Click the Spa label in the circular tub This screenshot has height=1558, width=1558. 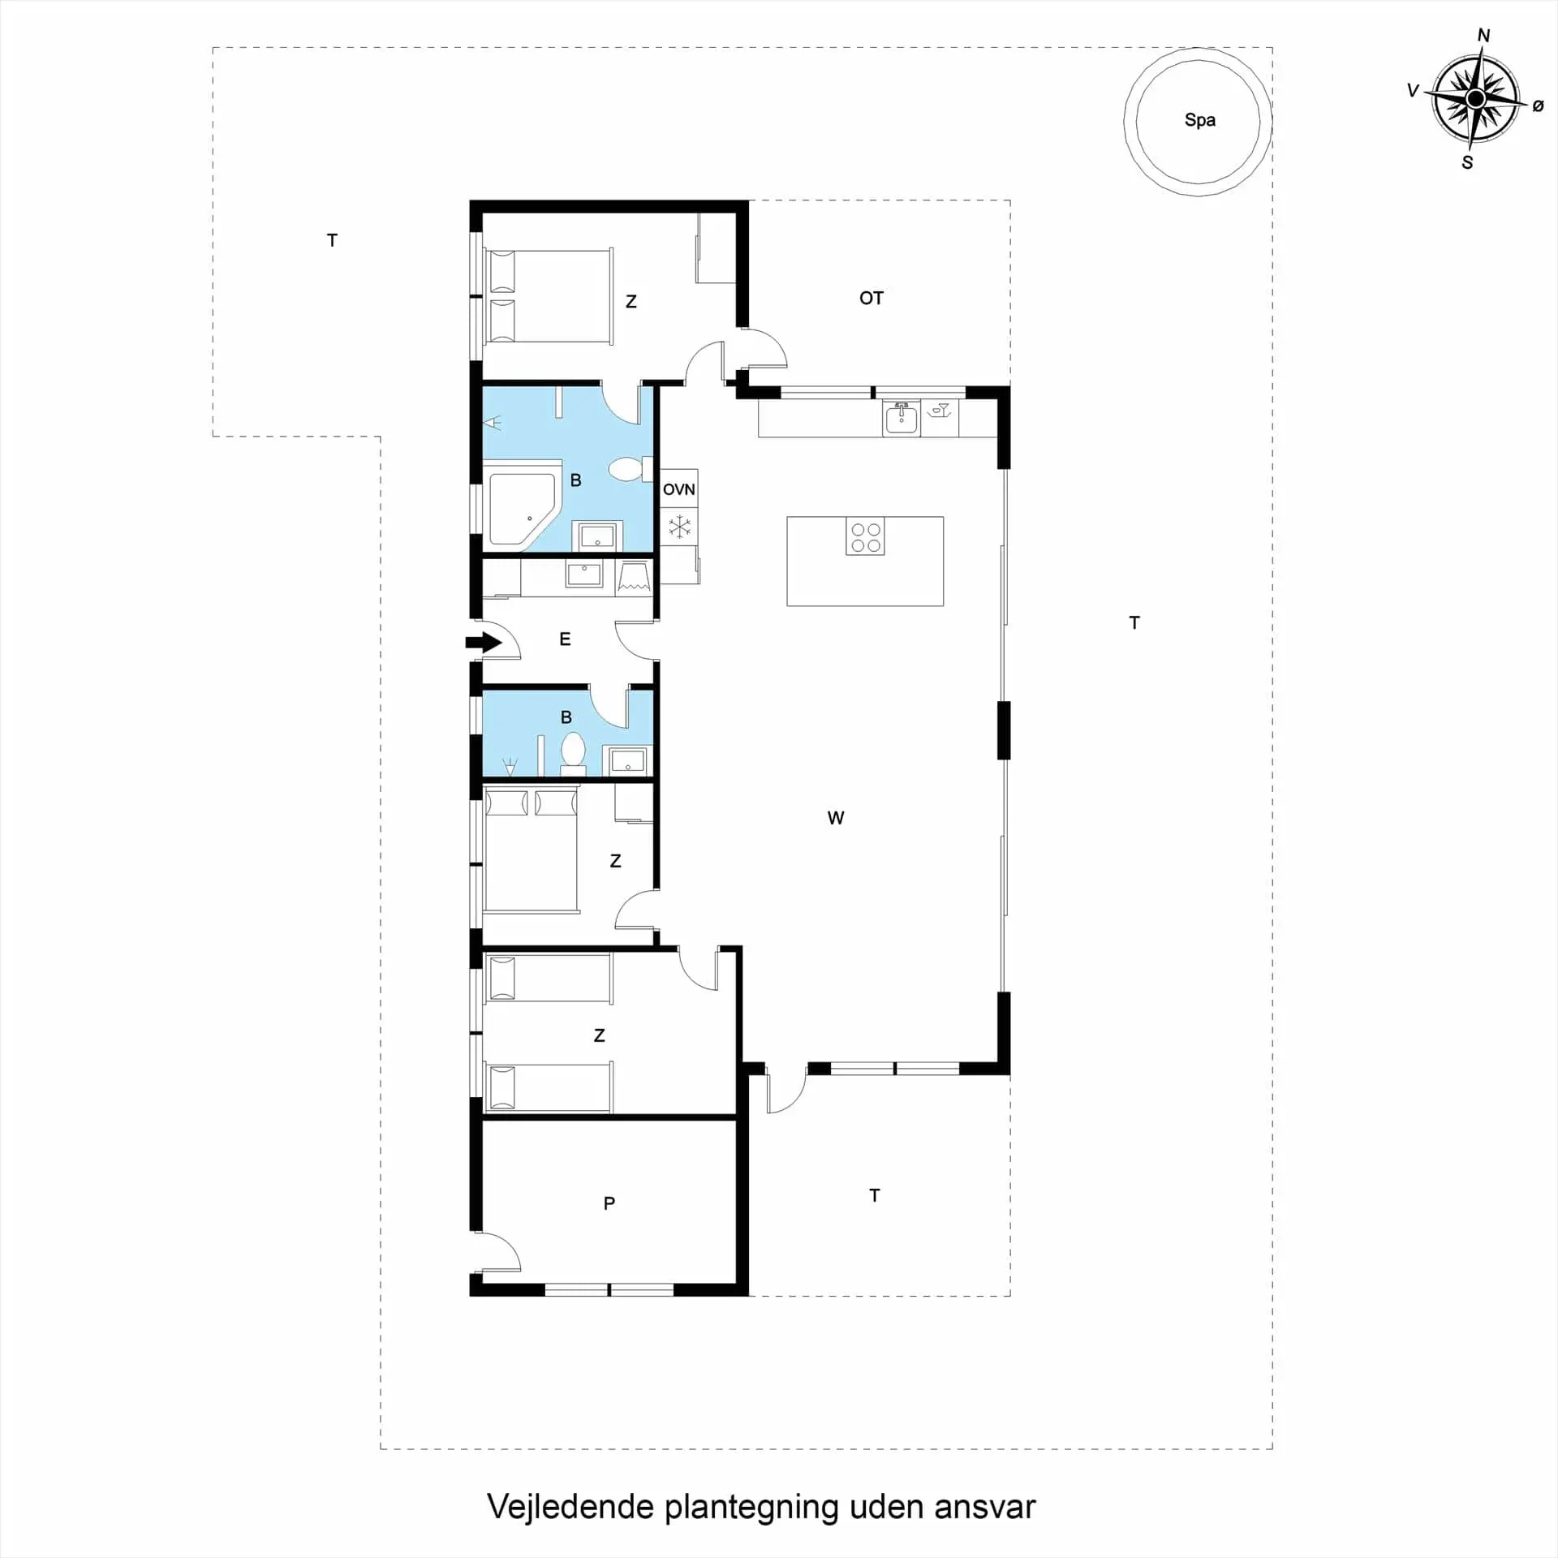(1199, 120)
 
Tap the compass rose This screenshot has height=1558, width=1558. (1475, 99)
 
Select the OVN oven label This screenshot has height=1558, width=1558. (678, 489)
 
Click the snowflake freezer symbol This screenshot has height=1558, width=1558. (679, 527)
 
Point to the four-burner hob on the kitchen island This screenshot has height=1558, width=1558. (865, 536)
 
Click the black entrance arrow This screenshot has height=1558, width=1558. (484, 643)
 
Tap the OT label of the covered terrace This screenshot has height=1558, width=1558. (871, 299)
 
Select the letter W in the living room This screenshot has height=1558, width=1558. (836, 818)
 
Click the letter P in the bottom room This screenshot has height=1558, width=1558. (609, 1203)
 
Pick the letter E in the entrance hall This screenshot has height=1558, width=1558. (565, 639)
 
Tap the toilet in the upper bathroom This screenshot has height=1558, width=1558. (630, 468)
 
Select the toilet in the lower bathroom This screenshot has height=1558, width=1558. (573, 751)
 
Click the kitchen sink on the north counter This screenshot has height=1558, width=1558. (901, 418)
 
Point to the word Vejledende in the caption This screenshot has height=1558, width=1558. (570, 1507)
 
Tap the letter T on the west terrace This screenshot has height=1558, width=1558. (332, 240)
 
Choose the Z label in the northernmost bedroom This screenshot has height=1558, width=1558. (631, 302)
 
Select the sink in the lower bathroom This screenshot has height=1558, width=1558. (627, 761)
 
